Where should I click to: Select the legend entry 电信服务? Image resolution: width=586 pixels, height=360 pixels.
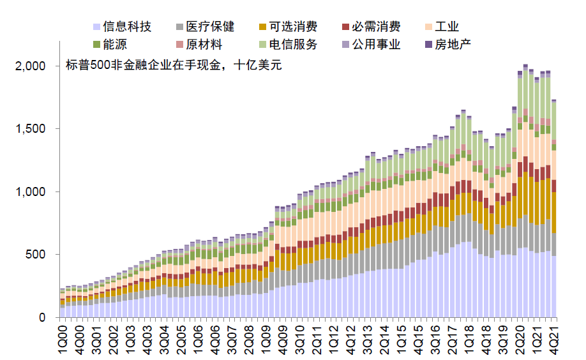tap(293, 45)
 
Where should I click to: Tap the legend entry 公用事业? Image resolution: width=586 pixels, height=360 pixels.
tap(376, 45)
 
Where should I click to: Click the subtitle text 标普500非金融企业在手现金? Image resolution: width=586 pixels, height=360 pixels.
tap(147, 66)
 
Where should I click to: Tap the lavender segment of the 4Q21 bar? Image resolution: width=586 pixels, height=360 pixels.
tap(554, 287)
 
